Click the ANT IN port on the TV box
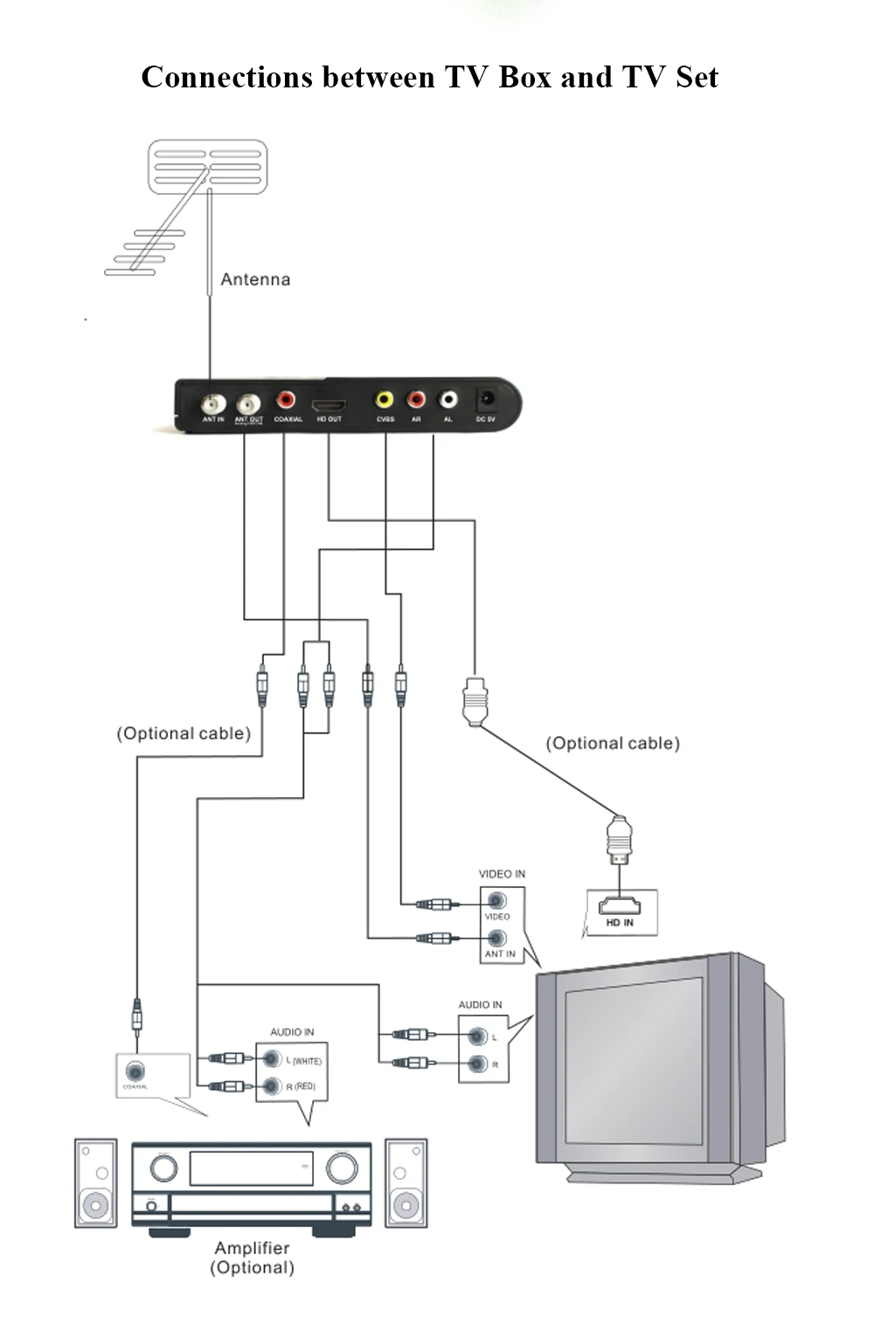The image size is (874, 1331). point(213,404)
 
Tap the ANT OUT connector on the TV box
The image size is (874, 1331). point(249,404)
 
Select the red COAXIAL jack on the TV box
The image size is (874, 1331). point(286,400)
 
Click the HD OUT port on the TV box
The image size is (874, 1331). point(329,406)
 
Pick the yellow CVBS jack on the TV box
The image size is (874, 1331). point(385,399)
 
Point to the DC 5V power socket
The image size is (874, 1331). point(486,400)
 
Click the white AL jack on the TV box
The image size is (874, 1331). point(448,399)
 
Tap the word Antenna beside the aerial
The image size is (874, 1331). point(255,280)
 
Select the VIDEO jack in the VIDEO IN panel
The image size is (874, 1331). point(497,901)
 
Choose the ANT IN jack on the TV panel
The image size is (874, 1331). point(497,939)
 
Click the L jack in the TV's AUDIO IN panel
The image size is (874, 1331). point(477,1036)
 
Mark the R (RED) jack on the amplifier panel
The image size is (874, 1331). point(272,1086)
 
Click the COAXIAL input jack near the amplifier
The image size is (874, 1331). point(135,1071)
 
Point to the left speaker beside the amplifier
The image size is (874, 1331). point(95,1183)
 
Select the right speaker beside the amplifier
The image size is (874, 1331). point(406,1183)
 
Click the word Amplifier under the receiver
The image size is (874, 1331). point(252,1248)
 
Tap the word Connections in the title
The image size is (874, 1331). point(226,78)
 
